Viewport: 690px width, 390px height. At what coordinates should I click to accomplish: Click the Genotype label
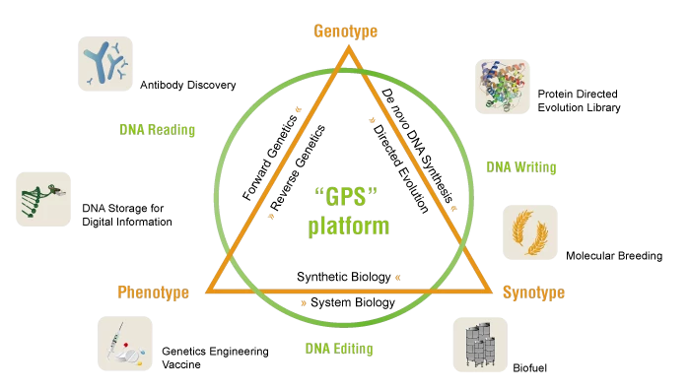[x=345, y=32]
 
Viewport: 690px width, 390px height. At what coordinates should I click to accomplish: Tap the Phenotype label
[x=153, y=292]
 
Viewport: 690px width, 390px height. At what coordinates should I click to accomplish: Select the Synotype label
[x=533, y=292]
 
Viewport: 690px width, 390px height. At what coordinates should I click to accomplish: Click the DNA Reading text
[x=157, y=130]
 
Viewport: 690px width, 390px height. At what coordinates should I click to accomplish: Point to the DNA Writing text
[x=520, y=167]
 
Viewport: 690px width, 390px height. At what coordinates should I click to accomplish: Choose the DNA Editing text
[x=338, y=349]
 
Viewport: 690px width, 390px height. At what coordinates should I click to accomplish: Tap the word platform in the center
[x=348, y=227]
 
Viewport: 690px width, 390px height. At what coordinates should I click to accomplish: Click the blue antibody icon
[x=105, y=64]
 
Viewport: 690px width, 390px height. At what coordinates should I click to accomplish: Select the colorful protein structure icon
[x=503, y=87]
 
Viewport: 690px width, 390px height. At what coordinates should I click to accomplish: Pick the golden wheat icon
[x=530, y=232]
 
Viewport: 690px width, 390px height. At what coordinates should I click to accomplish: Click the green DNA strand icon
[x=43, y=199]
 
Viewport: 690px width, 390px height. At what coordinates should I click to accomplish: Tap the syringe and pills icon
[x=125, y=344]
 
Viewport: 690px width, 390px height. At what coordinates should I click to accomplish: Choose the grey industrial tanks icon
[x=480, y=344]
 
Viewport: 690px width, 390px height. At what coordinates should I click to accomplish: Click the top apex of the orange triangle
[x=347, y=49]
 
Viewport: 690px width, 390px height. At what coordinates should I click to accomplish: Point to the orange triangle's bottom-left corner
[x=209, y=291]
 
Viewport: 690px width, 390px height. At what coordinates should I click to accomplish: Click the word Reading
[x=172, y=130]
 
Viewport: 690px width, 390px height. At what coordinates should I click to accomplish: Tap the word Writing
[x=534, y=167]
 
